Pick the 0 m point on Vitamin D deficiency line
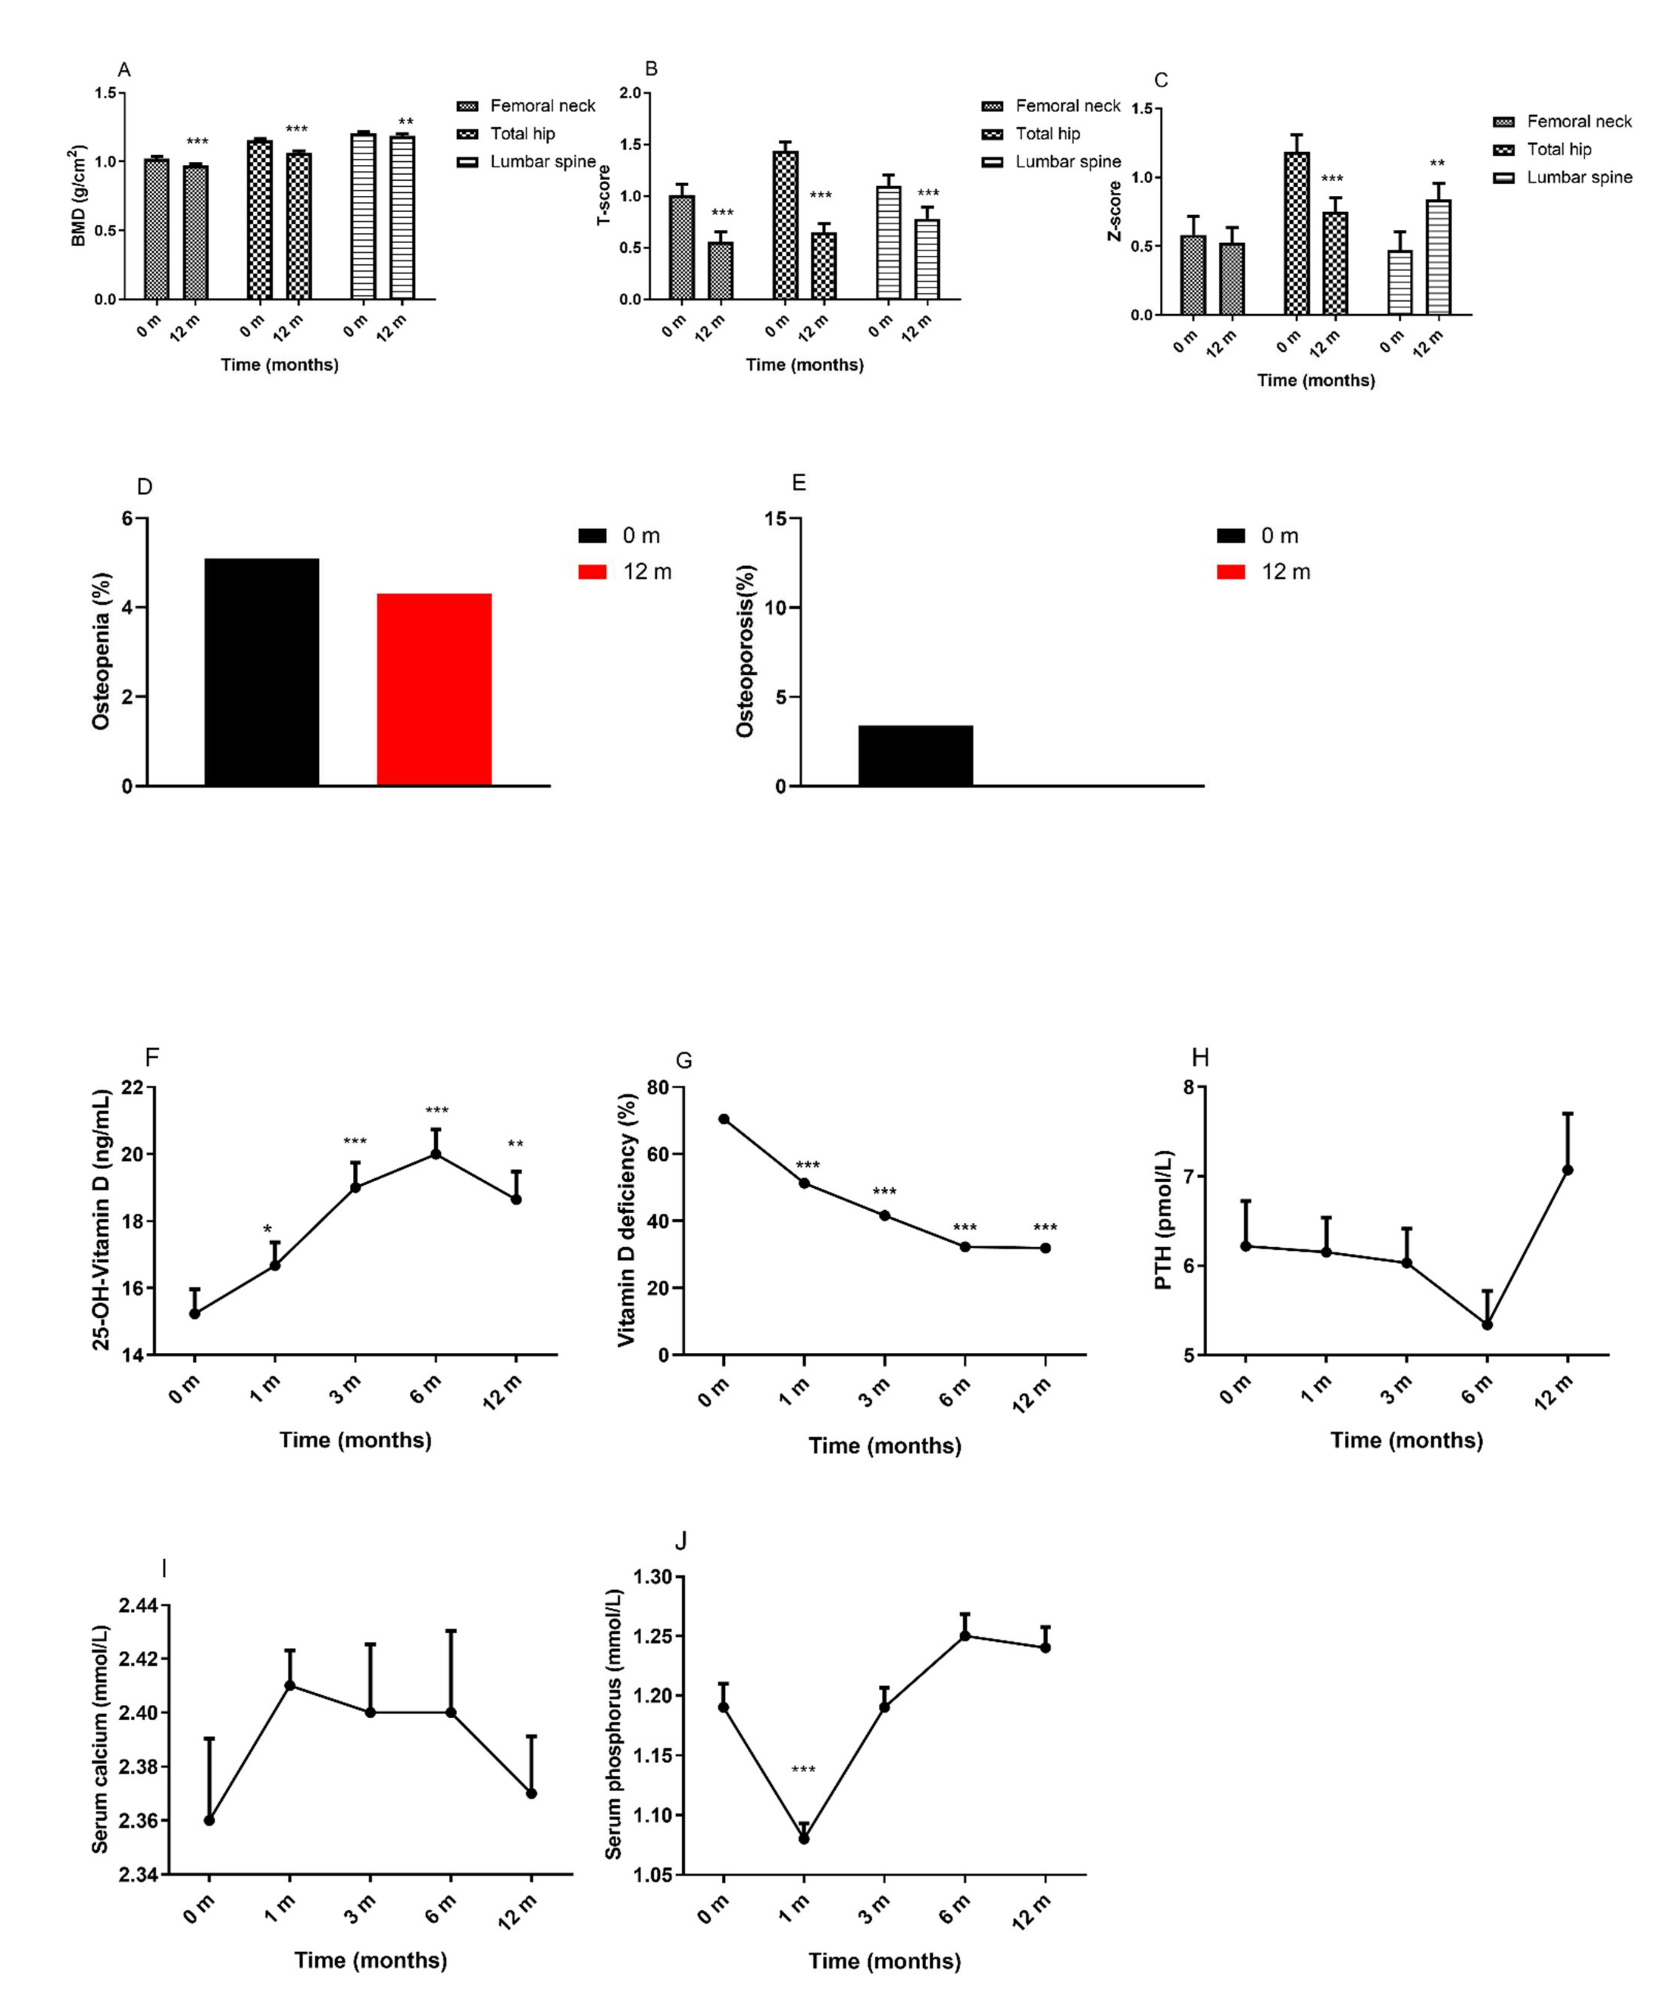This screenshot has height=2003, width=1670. pos(724,1119)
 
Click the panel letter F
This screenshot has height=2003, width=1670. pos(152,1057)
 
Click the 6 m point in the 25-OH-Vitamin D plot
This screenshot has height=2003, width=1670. pos(436,1154)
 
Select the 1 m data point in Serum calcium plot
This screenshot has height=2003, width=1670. pos(290,1685)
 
